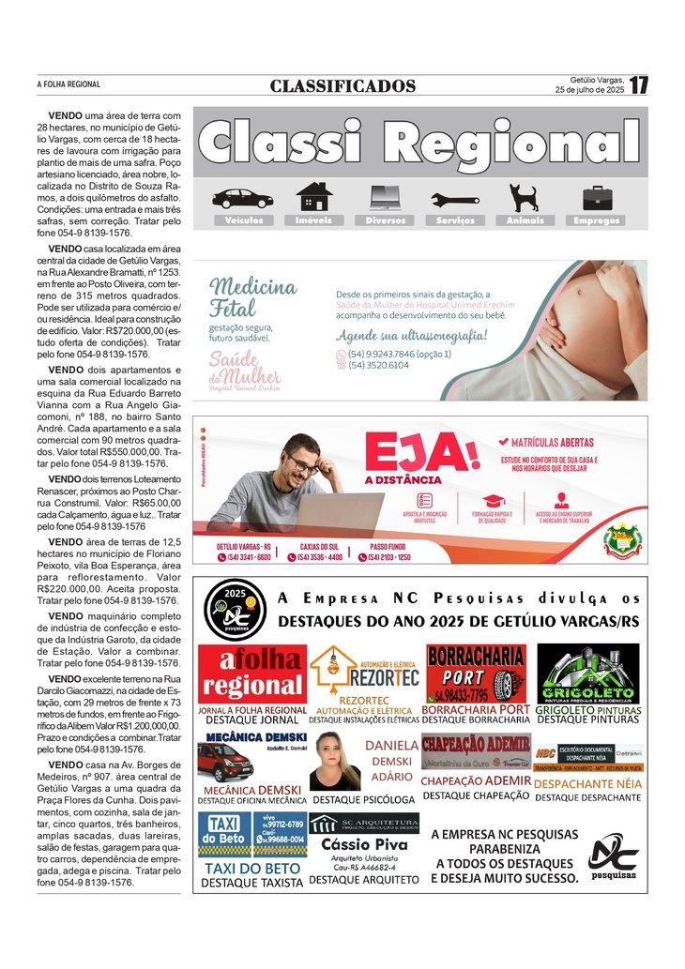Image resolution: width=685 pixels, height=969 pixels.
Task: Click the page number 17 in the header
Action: [x=639, y=85]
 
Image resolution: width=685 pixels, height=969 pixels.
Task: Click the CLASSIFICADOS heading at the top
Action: [x=342, y=86]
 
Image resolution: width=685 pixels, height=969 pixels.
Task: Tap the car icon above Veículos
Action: [x=242, y=198]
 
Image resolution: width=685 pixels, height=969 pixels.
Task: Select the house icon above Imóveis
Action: [x=313, y=197]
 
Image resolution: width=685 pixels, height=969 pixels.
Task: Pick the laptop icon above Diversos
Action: [x=385, y=197]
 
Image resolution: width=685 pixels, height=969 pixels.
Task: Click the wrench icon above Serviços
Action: [x=455, y=199]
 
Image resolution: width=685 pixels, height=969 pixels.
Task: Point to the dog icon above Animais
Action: [x=524, y=197]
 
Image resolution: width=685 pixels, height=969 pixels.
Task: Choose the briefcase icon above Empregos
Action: [x=597, y=198]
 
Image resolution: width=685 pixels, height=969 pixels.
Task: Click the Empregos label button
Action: [x=597, y=220]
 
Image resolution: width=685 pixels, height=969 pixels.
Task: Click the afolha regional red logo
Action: [x=252, y=674]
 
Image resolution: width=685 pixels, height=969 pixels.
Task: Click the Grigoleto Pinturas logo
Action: [x=587, y=673]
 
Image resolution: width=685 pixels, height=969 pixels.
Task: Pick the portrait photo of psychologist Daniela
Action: [x=335, y=762]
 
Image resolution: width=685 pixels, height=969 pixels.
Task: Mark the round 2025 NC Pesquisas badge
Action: [x=235, y=610]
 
